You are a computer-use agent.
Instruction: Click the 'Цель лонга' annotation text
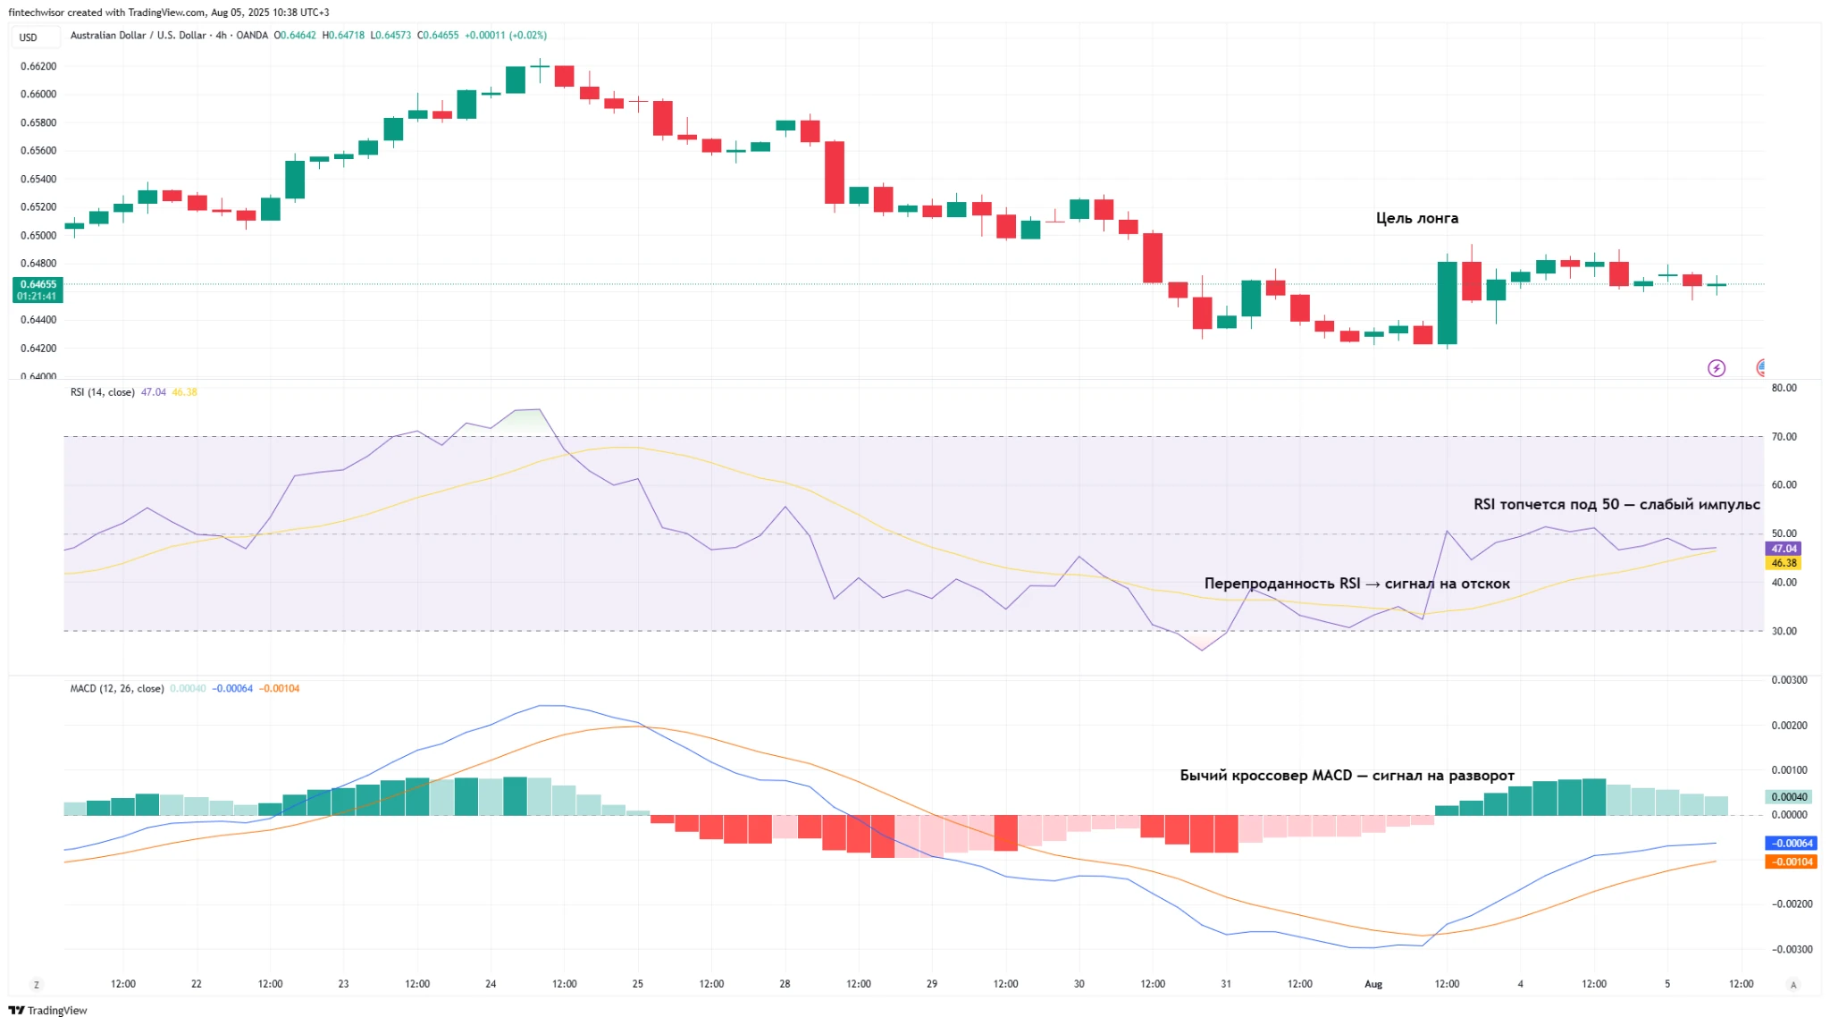tap(1416, 218)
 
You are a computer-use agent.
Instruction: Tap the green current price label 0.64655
tap(38, 285)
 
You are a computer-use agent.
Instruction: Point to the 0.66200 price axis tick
tap(38, 66)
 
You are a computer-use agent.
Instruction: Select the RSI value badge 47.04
tap(1783, 549)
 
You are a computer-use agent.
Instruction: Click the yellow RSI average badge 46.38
tap(1783, 563)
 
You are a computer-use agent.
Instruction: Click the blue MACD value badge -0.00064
tap(1791, 843)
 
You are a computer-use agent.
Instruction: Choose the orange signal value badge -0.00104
tap(1791, 861)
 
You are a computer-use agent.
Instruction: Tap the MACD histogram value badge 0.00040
tap(1788, 796)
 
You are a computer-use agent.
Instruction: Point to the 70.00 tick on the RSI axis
tap(1784, 437)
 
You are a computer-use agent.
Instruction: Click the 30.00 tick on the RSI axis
tap(1784, 631)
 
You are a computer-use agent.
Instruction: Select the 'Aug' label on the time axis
tap(1372, 984)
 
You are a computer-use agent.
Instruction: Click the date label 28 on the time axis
tap(784, 984)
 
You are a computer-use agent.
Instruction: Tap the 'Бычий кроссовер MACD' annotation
tap(1347, 776)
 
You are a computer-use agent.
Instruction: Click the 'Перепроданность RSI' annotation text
tap(1356, 584)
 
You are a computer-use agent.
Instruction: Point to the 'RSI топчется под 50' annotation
tap(1616, 504)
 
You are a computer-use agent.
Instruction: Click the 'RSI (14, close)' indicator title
tap(102, 392)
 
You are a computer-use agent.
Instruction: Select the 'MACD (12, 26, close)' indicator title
tap(116, 689)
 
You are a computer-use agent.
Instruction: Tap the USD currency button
tap(29, 38)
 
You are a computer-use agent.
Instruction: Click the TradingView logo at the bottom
tap(48, 1010)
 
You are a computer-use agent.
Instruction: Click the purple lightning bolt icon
tap(1716, 368)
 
